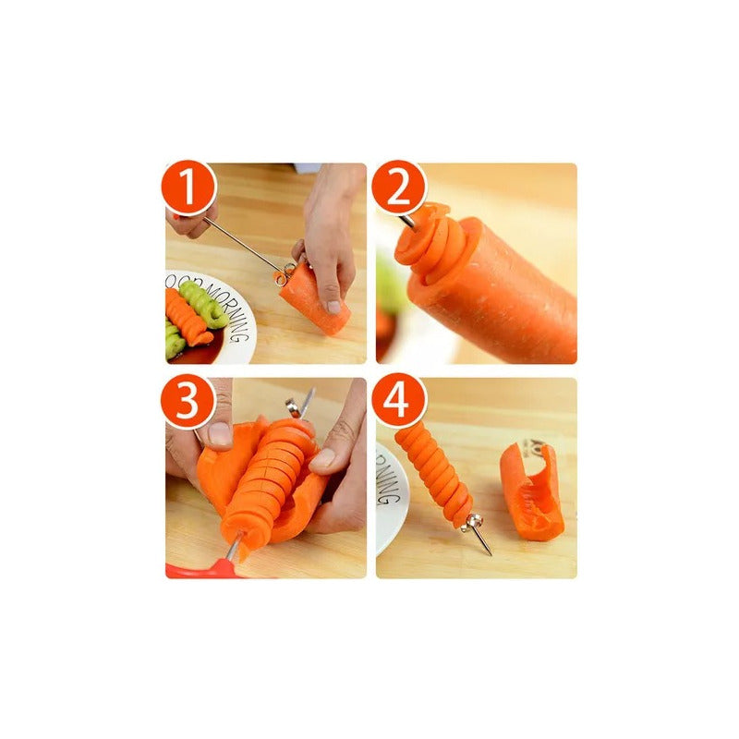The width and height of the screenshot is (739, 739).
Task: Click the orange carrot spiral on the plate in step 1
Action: coord(185,319)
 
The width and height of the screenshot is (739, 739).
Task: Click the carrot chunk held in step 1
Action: coord(314,300)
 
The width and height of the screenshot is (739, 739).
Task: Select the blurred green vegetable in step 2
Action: coord(388,286)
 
